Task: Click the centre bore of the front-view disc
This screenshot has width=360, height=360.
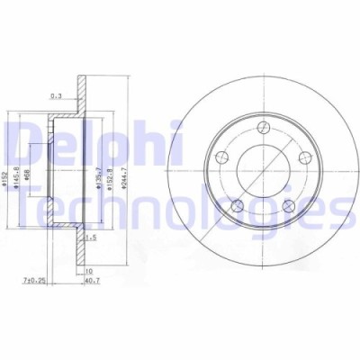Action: pos(261,171)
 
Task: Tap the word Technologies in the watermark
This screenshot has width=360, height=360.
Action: pos(180,211)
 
